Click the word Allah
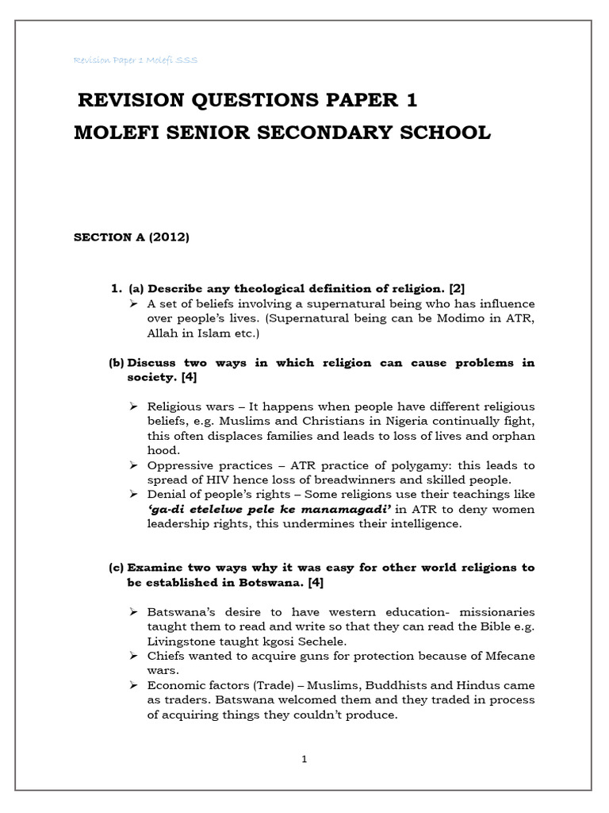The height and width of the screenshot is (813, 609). point(163,333)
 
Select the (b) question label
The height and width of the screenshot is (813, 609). point(117,363)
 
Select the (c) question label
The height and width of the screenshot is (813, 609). point(117,568)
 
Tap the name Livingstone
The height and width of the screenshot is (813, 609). point(181,642)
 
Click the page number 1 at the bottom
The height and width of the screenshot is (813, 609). point(304,759)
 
